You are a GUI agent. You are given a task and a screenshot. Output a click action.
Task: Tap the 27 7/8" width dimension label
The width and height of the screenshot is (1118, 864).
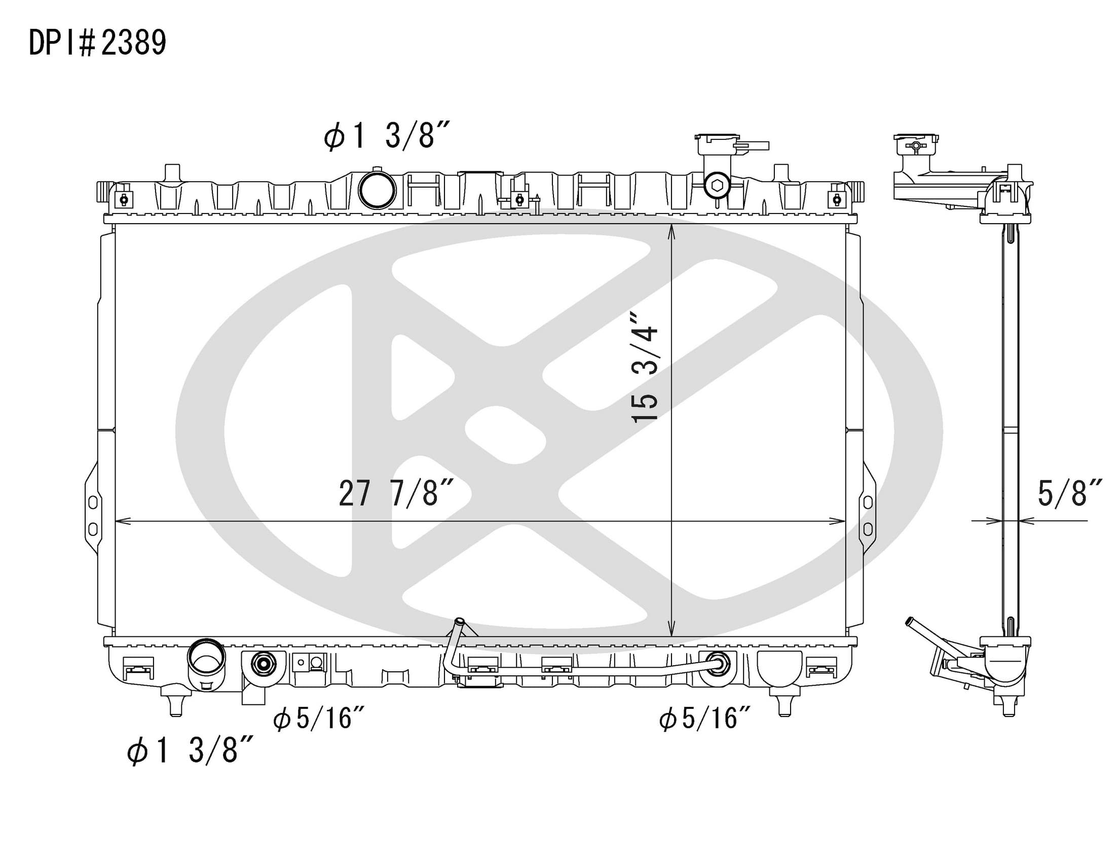pyautogui.click(x=397, y=493)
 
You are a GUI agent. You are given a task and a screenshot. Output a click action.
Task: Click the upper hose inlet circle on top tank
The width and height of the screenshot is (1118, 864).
pyautogui.click(x=377, y=190)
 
